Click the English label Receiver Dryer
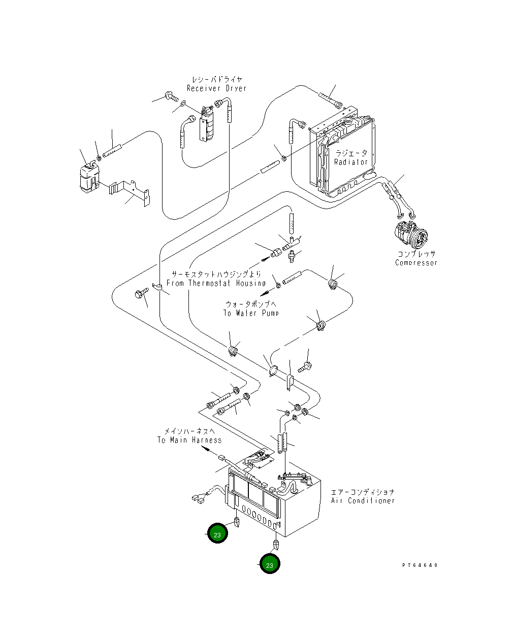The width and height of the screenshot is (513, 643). click(x=216, y=88)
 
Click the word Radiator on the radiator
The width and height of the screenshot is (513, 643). click(x=350, y=162)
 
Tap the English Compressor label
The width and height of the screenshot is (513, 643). click(x=416, y=263)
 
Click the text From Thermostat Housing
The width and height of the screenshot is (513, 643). click(x=216, y=283)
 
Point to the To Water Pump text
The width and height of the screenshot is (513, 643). click(x=251, y=313)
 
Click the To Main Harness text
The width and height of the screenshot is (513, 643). click(x=189, y=440)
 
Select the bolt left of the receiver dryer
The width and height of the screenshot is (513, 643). click(x=172, y=96)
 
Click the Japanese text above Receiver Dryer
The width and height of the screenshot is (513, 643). click(x=217, y=79)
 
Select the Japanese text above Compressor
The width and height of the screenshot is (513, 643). click(x=416, y=254)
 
